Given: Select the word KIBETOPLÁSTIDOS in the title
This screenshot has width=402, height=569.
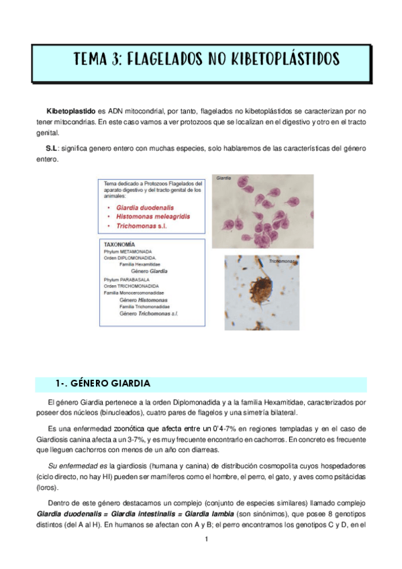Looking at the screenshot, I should (x=281, y=59).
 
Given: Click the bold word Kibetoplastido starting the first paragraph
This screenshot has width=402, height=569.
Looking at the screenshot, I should (x=70, y=109).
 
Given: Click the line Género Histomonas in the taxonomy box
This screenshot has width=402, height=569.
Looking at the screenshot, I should (x=144, y=299).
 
